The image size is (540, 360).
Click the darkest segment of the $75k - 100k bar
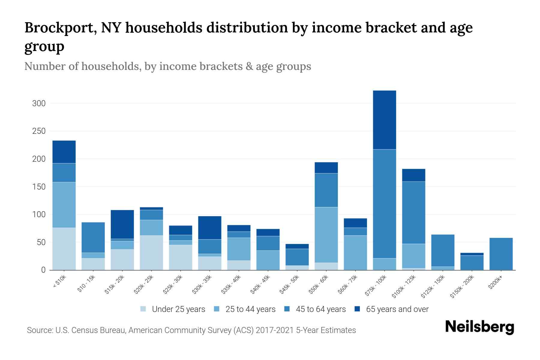pyautogui.click(x=384, y=120)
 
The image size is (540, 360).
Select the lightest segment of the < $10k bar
pyautogui.click(x=64, y=249)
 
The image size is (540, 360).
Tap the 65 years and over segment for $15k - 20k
pyautogui.click(x=122, y=224)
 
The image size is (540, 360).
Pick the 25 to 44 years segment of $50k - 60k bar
pyautogui.click(x=326, y=235)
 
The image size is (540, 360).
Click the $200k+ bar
pyautogui.click(x=501, y=254)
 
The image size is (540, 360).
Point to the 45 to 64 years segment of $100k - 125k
pyautogui.click(x=413, y=212)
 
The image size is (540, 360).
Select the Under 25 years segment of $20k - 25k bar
pyautogui.click(x=151, y=253)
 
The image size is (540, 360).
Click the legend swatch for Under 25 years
pyautogui.click(x=143, y=309)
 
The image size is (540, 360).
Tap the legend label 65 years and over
pyautogui.click(x=397, y=309)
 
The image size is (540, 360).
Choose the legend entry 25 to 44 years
pyautogui.click(x=250, y=309)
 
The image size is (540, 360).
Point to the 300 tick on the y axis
pyautogui.click(x=39, y=103)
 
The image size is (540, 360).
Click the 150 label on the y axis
pyautogui.click(x=39, y=187)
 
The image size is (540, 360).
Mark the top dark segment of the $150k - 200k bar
pyautogui.click(x=472, y=254)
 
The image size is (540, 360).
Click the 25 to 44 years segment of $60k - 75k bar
pyautogui.click(x=355, y=253)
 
